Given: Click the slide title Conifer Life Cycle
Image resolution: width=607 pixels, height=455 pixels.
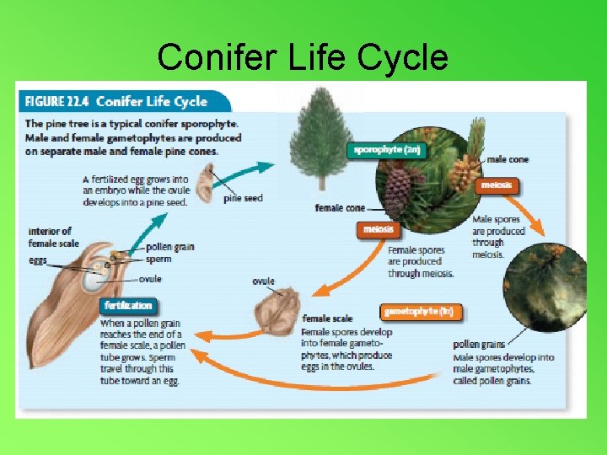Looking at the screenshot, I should [x=303, y=57].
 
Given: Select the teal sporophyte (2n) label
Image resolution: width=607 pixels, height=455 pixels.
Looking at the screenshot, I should [x=387, y=150].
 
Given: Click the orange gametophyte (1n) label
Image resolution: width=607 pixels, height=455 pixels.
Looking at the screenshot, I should [x=419, y=312].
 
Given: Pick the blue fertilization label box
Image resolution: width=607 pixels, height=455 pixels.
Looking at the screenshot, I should [x=129, y=305].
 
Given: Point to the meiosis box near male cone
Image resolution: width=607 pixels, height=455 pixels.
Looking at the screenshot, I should [x=497, y=185].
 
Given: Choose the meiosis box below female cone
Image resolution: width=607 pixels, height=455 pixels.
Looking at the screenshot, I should [x=379, y=229].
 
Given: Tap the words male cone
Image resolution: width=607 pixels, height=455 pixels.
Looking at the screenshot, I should [x=508, y=159].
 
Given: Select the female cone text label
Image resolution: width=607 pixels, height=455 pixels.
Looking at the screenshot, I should [x=340, y=207].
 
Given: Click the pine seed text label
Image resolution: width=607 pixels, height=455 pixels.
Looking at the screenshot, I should [x=243, y=199].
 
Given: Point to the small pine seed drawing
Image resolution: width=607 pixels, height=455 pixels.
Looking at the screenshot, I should [x=207, y=181].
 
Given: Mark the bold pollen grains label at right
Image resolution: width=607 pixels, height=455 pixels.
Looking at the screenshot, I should [x=479, y=345].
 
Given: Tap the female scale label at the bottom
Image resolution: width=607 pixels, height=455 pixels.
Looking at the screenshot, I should [x=328, y=318].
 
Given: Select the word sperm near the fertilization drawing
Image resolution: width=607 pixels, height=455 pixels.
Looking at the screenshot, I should [x=158, y=260].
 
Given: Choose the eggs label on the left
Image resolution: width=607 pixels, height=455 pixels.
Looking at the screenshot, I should [x=38, y=261].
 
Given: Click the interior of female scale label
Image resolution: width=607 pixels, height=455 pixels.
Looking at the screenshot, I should [x=53, y=237].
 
